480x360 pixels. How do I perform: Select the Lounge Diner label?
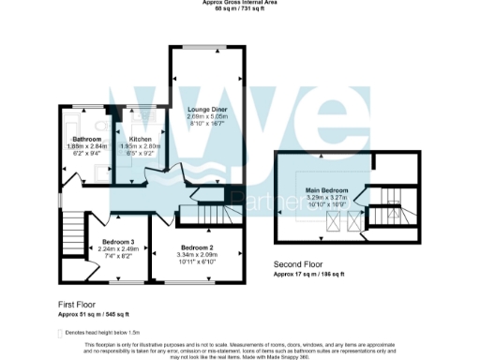[207, 110]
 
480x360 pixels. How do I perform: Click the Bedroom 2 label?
[198, 247]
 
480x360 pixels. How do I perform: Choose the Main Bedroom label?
[326, 190]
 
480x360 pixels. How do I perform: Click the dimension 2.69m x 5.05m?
[207, 117]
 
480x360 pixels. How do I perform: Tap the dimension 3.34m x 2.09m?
[198, 255]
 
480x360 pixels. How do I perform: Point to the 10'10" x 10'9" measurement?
[326, 205]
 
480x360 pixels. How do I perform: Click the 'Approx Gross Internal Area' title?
[239, 3]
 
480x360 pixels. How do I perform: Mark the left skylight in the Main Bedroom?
[332, 221]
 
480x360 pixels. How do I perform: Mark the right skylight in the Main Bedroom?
[353, 221]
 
